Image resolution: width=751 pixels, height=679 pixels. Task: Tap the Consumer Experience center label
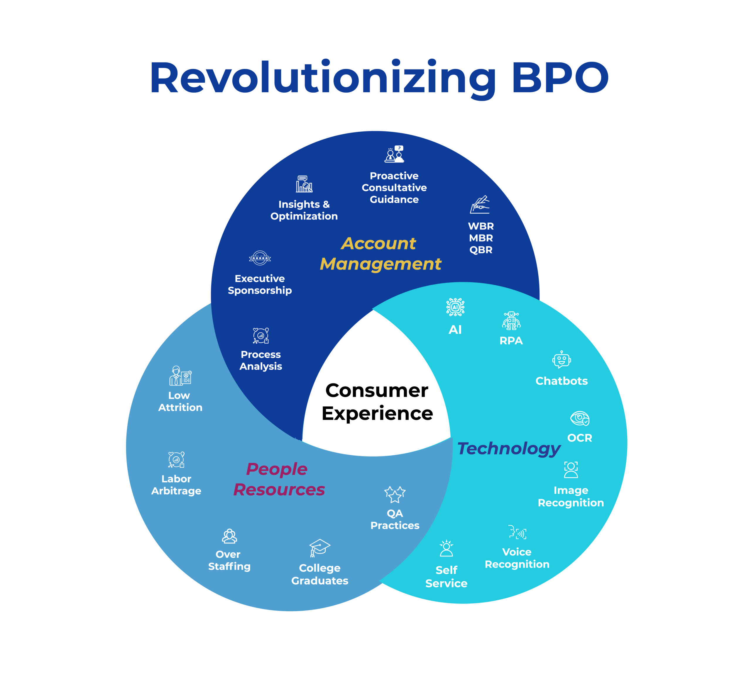[x=377, y=402]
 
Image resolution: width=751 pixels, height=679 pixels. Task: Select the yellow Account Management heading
[x=380, y=254]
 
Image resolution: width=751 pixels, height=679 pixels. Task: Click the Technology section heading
[x=508, y=449]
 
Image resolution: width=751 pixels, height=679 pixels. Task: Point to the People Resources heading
[x=279, y=479]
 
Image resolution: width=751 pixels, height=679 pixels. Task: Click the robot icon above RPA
[x=511, y=321]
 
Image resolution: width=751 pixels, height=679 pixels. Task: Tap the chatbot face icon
[x=561, y=360]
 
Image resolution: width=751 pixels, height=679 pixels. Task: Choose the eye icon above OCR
[x=580, y=418]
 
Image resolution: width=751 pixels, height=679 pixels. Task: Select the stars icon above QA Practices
[x=395, y=494]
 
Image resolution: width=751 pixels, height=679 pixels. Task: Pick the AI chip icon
[x=455, y=307]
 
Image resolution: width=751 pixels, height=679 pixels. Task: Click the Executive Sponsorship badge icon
[x=260, y=258]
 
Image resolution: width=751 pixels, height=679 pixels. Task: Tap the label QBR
[x=481, y=250]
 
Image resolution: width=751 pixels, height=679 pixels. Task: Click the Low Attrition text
[x=180, y=401]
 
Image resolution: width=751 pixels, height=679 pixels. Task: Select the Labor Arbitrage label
[x=176, y=485]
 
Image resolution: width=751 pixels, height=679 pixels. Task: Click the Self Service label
[x=446, y=577]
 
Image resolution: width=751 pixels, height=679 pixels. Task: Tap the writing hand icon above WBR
[x=480, y=204]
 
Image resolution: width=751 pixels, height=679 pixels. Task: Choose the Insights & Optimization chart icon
[x=304, y=184]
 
